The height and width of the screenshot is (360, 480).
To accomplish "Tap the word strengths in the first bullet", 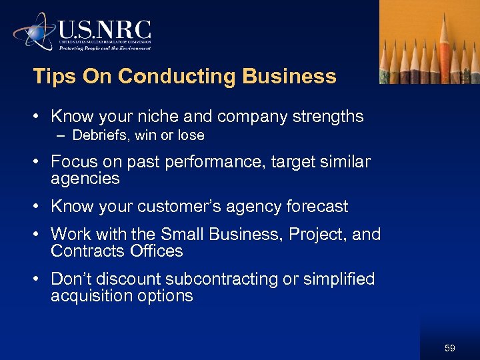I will pyautogui.click(x=327, y=117).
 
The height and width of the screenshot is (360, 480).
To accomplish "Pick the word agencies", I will pyautogui.click(x=85, y=179).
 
